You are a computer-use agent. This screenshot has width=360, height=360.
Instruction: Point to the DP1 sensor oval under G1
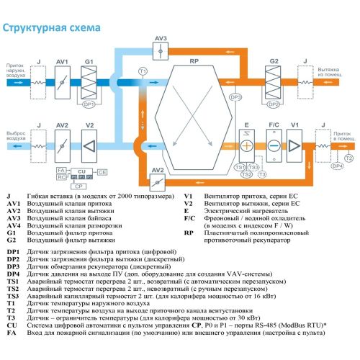[89, 105]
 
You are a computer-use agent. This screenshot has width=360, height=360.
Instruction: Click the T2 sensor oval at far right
[348, 157]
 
